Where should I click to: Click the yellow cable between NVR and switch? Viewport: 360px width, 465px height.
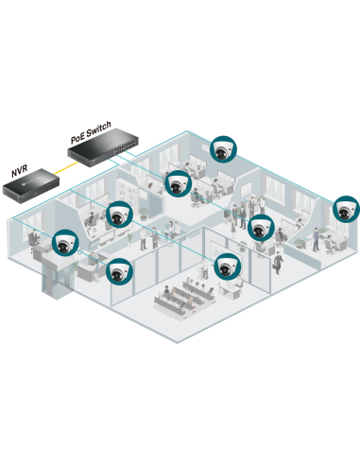tap(60, 169)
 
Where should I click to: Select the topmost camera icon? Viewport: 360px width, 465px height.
tap(223, 148)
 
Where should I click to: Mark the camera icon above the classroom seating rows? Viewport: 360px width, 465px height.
tap(227, 266)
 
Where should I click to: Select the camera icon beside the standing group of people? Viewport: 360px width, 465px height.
tap(260, 228)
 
